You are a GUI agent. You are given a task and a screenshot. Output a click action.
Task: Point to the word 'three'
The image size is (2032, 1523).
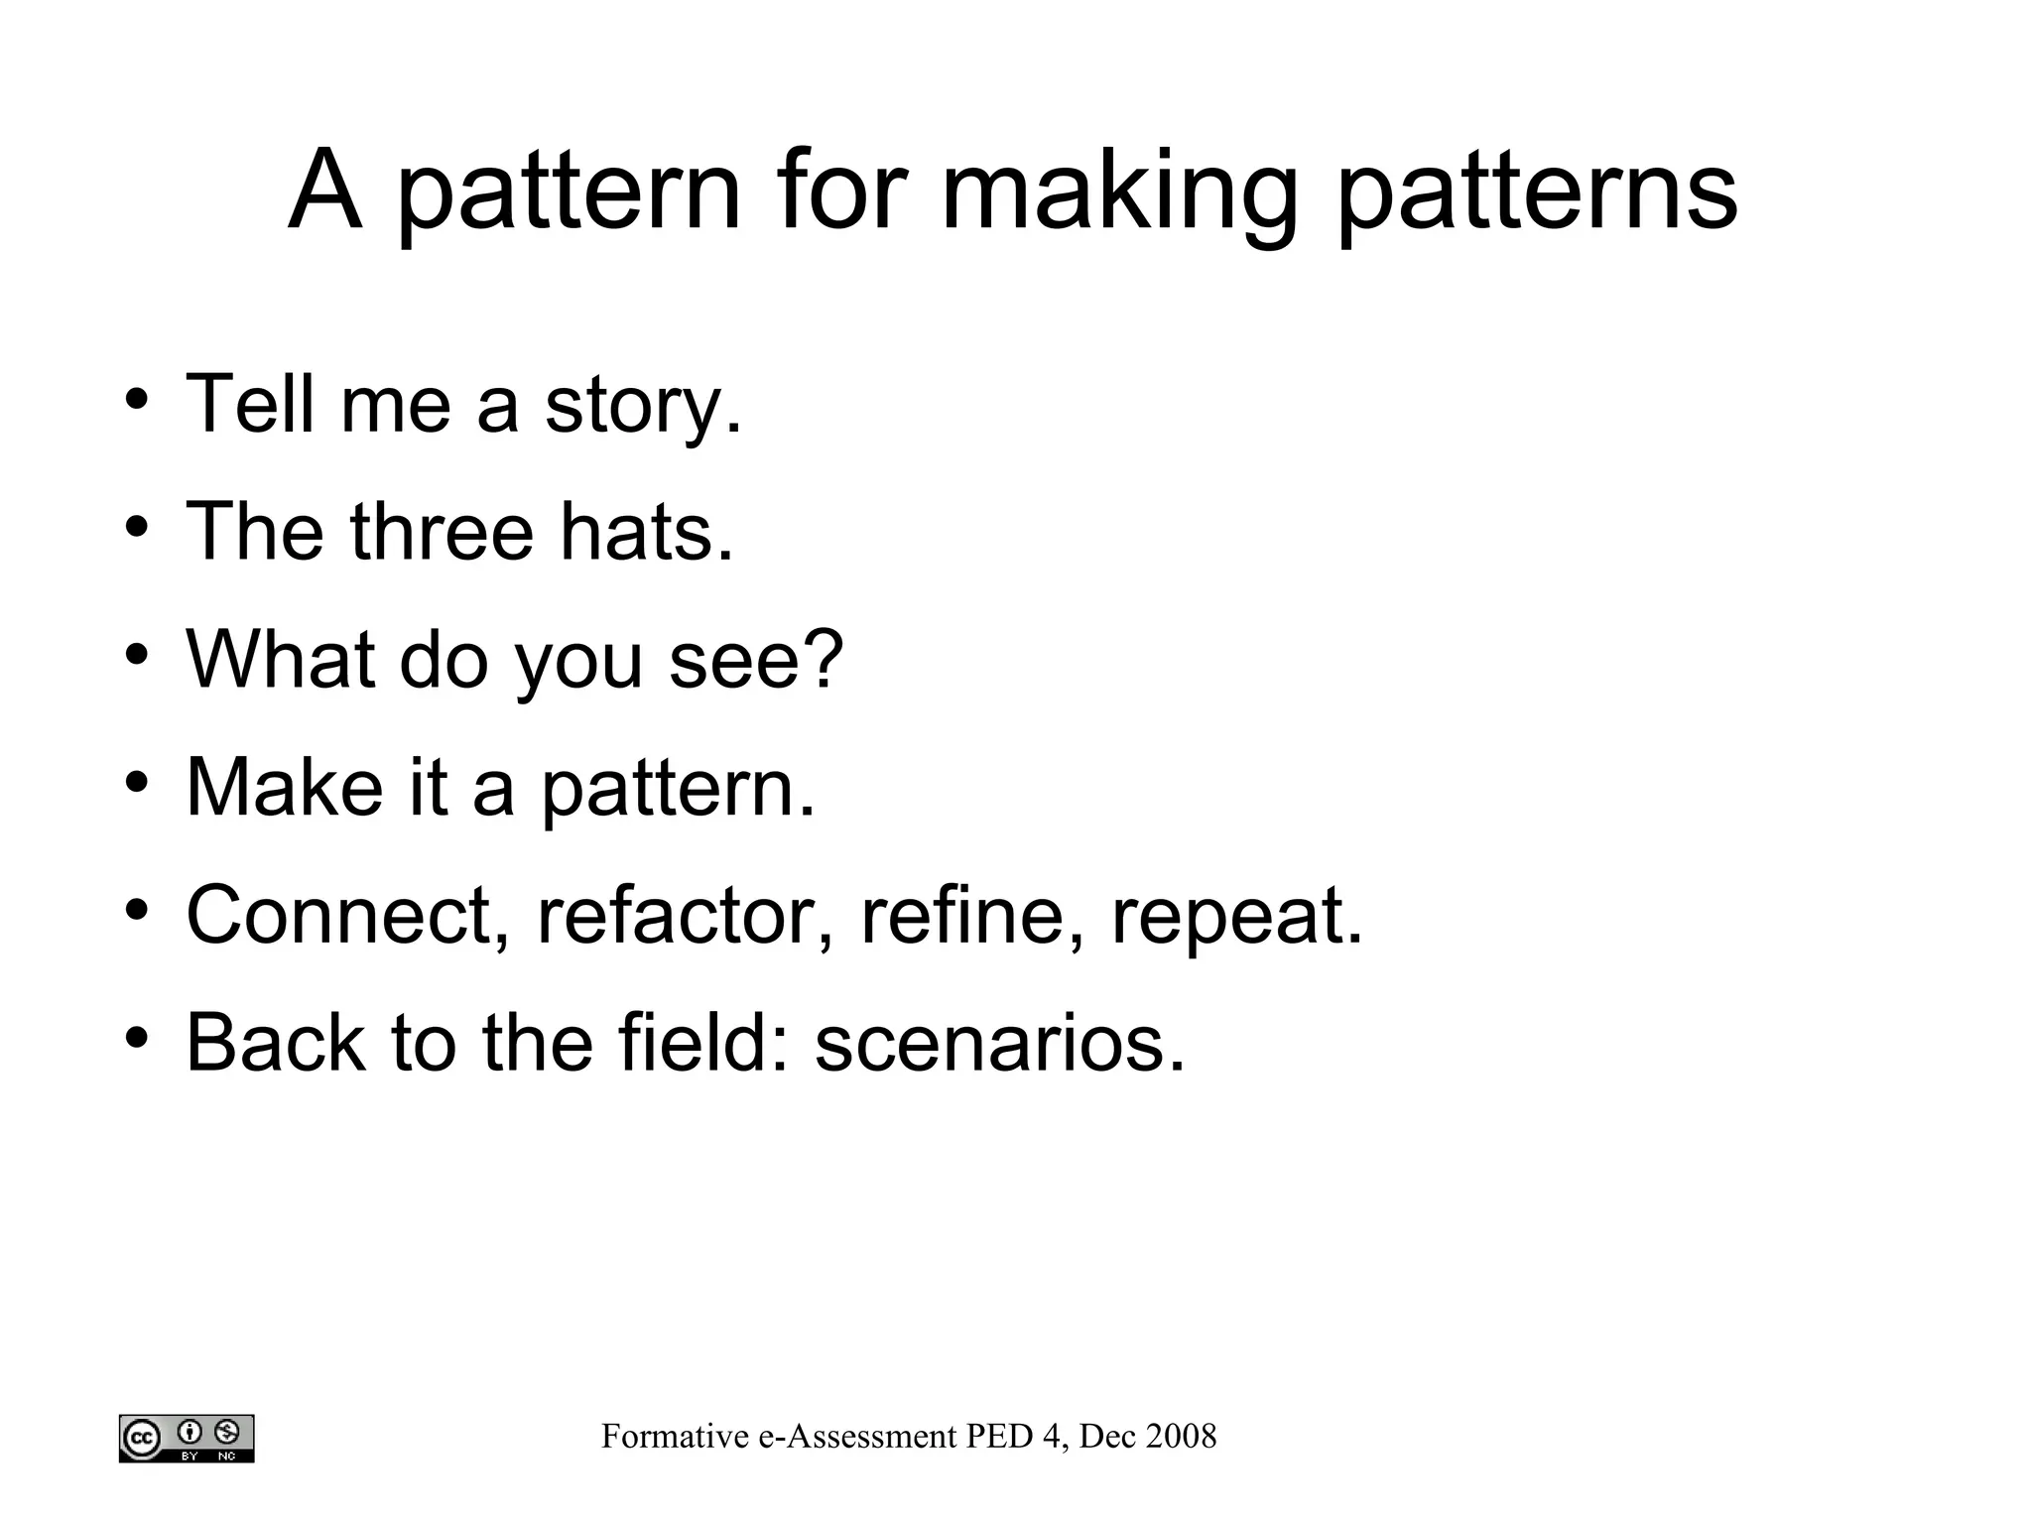point(443,532)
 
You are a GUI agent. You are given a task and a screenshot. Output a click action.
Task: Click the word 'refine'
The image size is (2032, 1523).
point(961,915)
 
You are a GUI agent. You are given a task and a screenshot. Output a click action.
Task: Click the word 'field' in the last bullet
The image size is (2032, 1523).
point(694,1043)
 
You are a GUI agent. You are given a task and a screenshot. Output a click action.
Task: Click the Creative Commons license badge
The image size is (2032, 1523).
point(187,1438)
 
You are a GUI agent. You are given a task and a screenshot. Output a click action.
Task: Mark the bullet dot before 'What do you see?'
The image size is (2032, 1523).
point(137,655)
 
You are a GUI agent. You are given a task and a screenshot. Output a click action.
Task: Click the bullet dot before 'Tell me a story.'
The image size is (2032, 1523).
point(137,399)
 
